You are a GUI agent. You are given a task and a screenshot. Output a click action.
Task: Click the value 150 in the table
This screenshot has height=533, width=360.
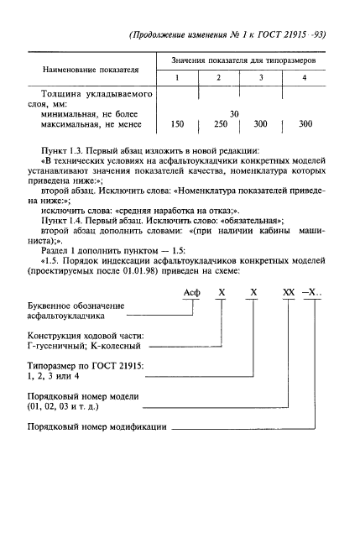pyautogui.click(x=177, y=124)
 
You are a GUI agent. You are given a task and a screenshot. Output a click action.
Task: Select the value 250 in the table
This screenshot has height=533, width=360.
pyautogui.click(x=221, y=124)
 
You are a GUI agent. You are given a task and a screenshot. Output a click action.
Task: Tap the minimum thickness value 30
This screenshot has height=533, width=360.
pyautogui.click(x=235, y=112)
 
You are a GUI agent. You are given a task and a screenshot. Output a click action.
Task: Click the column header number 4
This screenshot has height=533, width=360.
pyautogui.click(x=304, y=78)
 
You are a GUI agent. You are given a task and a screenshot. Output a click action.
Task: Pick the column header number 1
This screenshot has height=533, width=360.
pyautogui.click(x=177, y=78)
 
